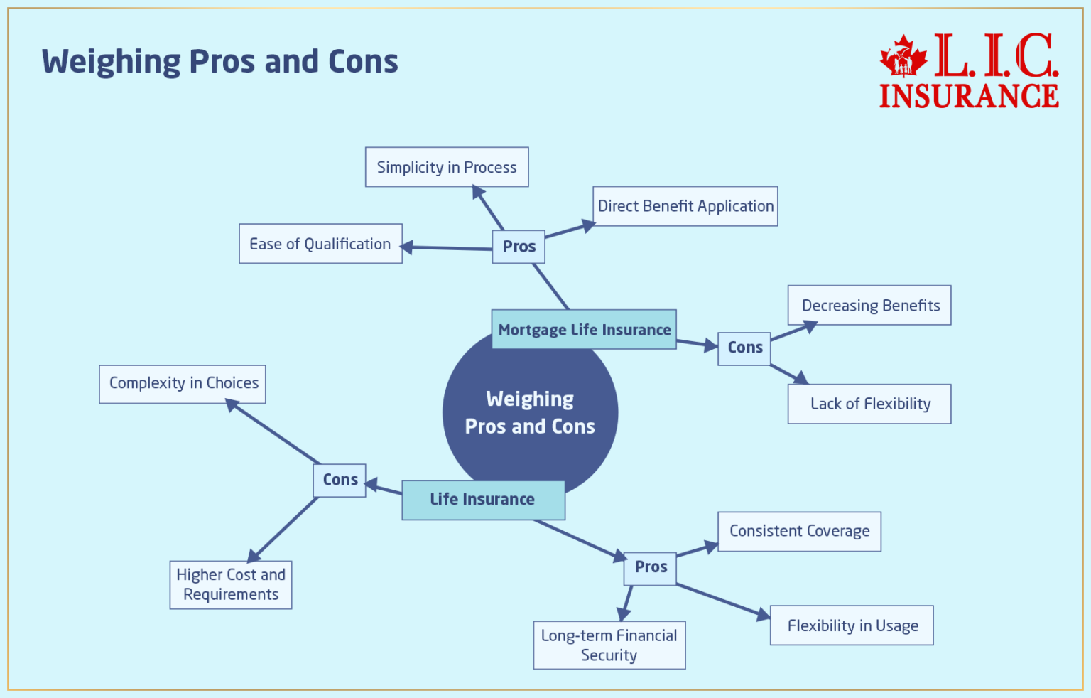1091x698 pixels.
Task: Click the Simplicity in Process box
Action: pos(447,167)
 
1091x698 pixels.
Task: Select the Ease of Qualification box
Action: pos(320,244)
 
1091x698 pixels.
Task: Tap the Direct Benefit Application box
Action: pos(685,206)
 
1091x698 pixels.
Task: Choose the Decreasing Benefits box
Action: pos(869,306)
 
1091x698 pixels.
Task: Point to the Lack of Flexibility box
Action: pos(869,404)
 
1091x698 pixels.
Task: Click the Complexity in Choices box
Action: pos(183,384)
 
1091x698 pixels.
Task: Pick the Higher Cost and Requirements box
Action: pos(231,584)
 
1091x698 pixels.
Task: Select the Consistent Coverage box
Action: pos(799,531)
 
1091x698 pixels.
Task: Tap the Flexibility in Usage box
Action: pos(852,625)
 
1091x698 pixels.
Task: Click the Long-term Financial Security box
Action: pos(609,645)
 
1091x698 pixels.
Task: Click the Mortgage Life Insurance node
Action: pos(584,329)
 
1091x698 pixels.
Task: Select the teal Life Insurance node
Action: pos(483,500)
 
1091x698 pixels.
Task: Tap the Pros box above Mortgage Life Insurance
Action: pos(519,247)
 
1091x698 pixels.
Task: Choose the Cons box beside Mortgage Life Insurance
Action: pos(744,348)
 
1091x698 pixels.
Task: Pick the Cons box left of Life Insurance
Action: pos(340,480)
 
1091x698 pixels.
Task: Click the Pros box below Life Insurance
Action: pos(650,567)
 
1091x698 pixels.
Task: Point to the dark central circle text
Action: pos(530,413)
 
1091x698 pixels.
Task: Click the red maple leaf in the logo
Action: pos(903,57)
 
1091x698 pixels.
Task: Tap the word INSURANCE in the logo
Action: pos(969,96)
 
